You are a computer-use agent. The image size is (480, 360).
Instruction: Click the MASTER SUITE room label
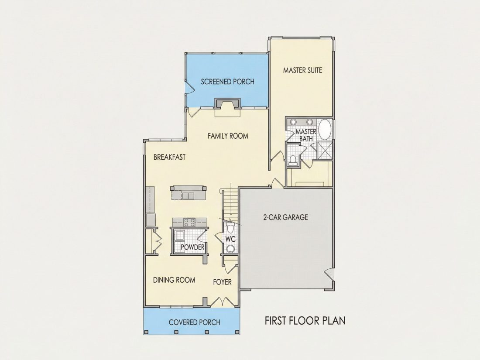coord(302,70)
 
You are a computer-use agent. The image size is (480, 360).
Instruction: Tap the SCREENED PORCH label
coord(227,82)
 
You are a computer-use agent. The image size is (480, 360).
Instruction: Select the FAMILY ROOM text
coord(228,136)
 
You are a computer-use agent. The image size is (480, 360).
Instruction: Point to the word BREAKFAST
coord(169,158)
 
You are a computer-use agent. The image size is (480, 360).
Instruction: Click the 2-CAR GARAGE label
coord(285,217)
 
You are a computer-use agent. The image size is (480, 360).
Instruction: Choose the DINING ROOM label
coord(174,280)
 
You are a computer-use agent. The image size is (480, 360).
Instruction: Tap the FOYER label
coord(222,282)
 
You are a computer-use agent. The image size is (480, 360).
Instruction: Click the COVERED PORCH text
coord(194,322)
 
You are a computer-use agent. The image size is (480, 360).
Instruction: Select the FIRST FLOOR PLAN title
coord(305,321)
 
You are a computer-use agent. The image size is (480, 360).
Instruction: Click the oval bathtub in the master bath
coord(325,130)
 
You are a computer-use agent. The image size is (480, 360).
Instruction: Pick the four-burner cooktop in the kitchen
coord(189,222)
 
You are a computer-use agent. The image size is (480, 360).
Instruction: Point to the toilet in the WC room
coord(230,228)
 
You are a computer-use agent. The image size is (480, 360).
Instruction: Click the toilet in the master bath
coord(293,161)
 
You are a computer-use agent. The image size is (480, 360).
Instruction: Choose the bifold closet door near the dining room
coord(158,240)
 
